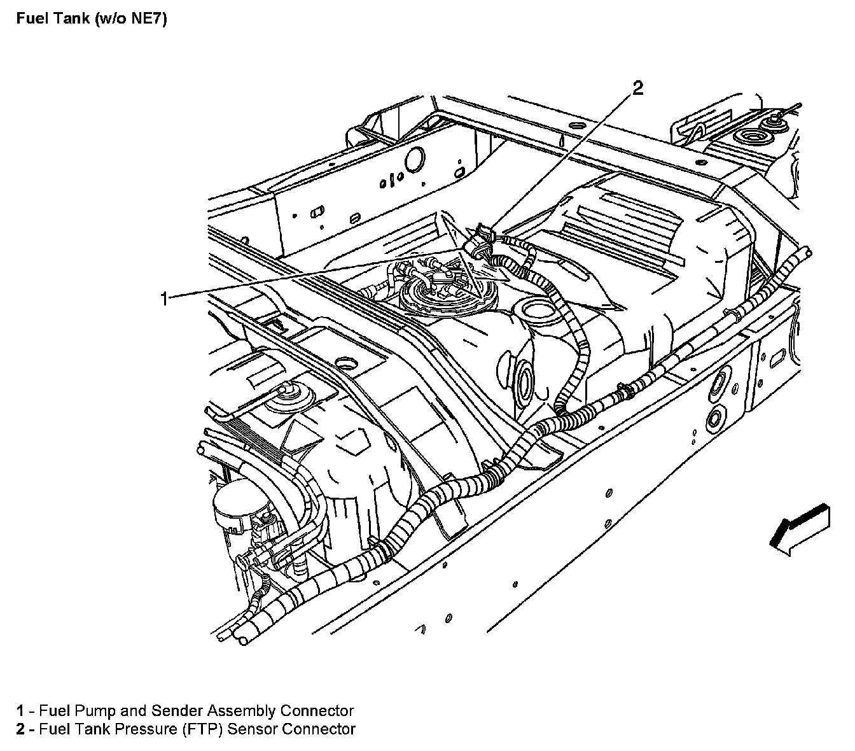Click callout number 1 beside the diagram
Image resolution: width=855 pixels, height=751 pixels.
pos(165,298)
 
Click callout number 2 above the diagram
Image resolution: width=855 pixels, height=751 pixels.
pos(637,88)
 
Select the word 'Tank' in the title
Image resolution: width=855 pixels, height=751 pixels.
pos(70,19)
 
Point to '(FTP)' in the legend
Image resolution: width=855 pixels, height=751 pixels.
pos(204,729)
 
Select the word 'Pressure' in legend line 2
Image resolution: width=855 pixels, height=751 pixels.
pos(143,729)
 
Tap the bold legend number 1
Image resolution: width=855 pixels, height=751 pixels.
pos(21,711)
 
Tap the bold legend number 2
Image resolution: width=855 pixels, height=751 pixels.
pos(21,729)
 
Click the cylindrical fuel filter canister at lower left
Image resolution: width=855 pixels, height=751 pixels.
pos(233,509)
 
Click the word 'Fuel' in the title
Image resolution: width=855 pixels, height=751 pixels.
pos(29,19)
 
